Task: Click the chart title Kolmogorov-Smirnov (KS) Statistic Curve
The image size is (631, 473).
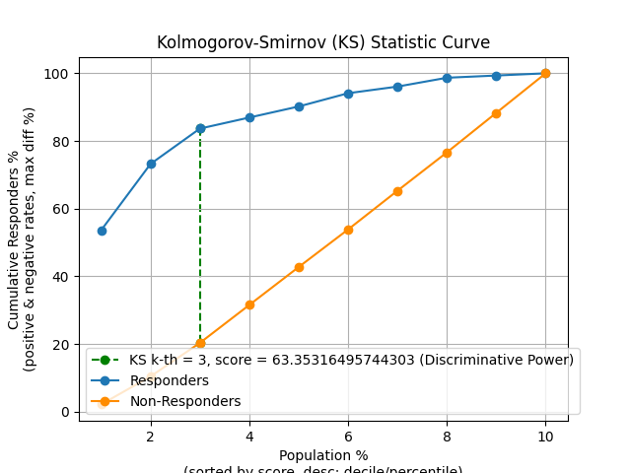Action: pyautogui.click(x=323, y=43)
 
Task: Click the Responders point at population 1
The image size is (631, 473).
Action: pyautogui.click(x=102, y=231)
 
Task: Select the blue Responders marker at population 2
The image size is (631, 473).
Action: pyautogui.click(x=151, y=164)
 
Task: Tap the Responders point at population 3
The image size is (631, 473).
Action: pyautogui.click(x=200, y=128)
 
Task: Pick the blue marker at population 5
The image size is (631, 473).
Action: pyautogui.click(x=299, y=106)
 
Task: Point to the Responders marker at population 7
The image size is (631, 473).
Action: pyautogui.click(x=397, y=87)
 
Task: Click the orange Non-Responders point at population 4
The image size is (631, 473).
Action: pyautogui.click(x=249, y=304)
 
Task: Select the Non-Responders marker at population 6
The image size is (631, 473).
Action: pyautogui.click(x=348, y=230)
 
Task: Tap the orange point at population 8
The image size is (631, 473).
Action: pyautogui.click(x=447, y=153)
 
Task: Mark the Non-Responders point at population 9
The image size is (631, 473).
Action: pyautogui.click(x=496, y=113)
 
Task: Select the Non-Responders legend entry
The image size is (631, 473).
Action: pyautogui.click(x=192, y=401)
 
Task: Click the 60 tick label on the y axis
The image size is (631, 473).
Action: pyautogui.click(x=62, y=209)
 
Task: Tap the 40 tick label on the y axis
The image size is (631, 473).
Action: pyautogui.click(x=62, y=277)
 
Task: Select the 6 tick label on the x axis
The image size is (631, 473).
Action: pyautogui.click(x=348, y=436)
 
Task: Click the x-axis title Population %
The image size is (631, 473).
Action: pyautogui.click(x=323, y=455)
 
